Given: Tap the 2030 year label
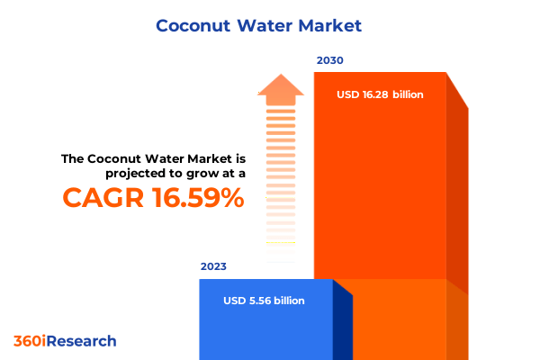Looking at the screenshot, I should [329, 61].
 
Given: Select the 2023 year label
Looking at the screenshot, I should [213, 267].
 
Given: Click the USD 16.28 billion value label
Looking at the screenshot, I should [380, 94].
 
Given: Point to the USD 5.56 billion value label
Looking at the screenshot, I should [264, 301].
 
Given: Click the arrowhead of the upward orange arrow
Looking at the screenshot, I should [281, 88].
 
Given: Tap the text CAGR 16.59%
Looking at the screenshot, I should [153, 198].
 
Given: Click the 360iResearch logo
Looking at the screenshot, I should [65, 341].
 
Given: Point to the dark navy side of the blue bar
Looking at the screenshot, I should [342, 324].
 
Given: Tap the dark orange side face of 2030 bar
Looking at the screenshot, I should [457, 198].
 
